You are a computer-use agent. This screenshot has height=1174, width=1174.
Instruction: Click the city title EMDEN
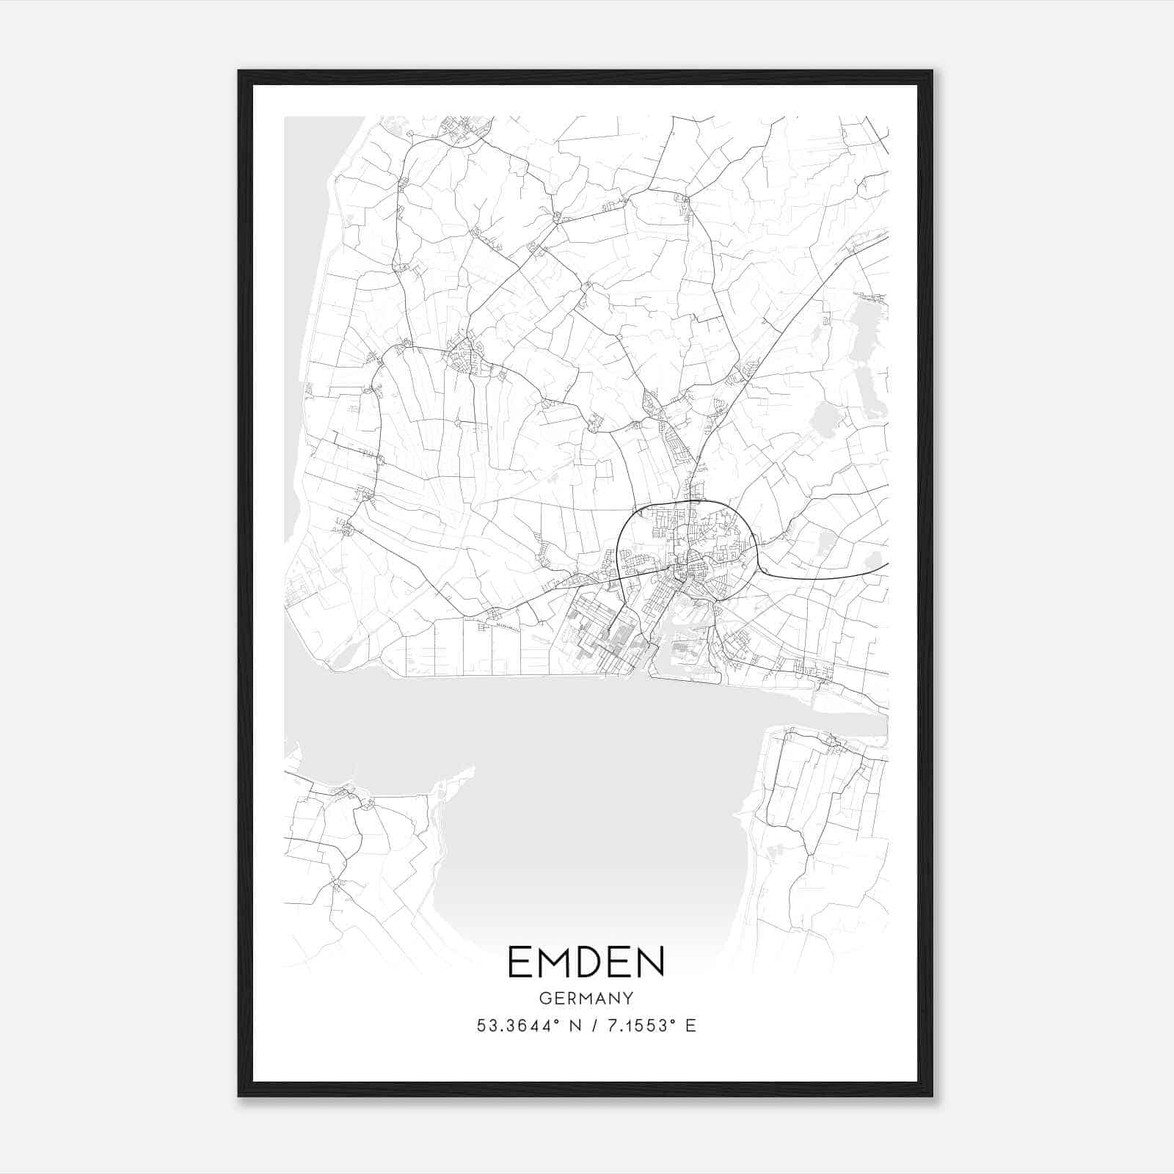(586, 963)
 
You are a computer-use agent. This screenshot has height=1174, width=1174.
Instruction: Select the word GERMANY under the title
(586, 998)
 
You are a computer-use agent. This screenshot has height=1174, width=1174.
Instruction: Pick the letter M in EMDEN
(550, 963)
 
